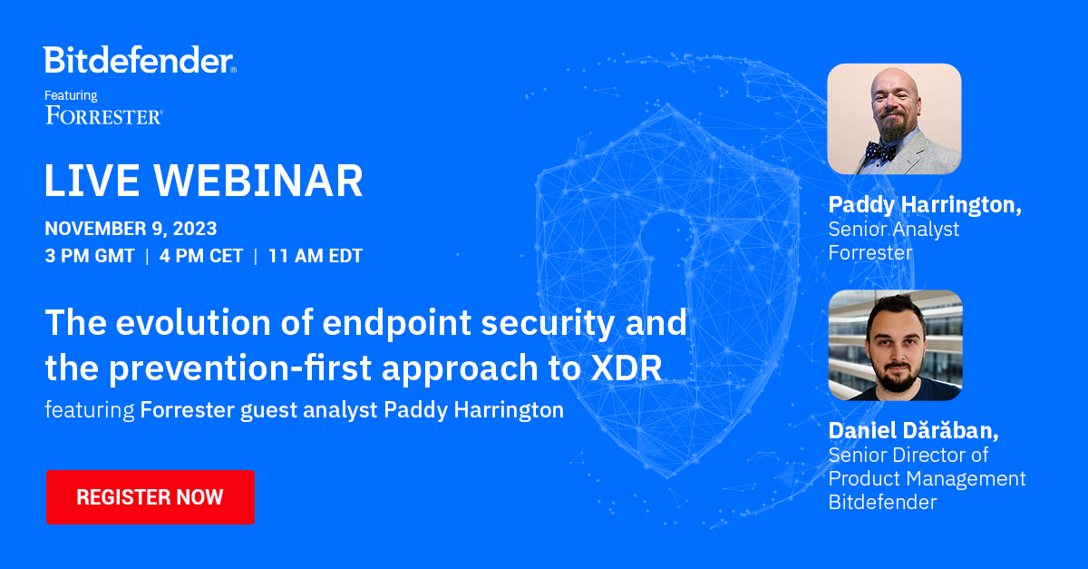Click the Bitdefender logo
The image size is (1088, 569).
click(140, 61)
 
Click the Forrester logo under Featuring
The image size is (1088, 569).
click(103, 115)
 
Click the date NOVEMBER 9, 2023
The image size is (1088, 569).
click(131, 229)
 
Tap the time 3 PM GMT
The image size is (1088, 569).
click(90, 256)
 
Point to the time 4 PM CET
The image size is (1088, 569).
click(201, 256)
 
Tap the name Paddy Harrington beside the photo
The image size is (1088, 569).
click(925, 205)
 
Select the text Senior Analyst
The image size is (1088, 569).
click(893, 230)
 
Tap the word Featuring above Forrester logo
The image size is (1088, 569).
click(71, 95)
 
